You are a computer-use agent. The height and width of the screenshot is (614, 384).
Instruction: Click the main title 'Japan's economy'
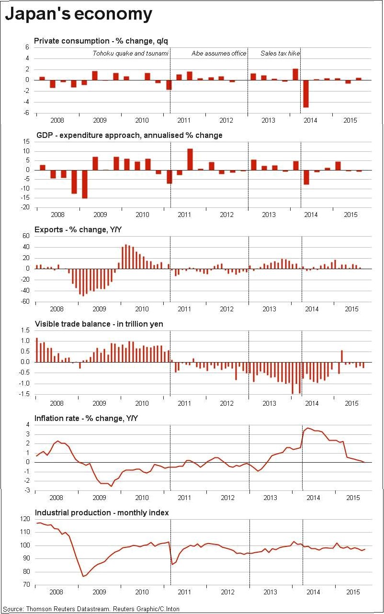pyautogui.click(x=79, y=14)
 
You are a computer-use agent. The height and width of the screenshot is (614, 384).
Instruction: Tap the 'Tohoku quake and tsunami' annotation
pyautogui.click(x=130, y=53)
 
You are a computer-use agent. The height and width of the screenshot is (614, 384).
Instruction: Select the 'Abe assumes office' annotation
pyautogui.click(x=219, y=53)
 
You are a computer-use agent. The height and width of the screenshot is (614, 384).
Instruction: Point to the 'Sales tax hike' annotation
pyautogui.click(x=280, y=53)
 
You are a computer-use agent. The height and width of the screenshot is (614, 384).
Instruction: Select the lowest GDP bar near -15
pyautogui.click(x=85, y=184)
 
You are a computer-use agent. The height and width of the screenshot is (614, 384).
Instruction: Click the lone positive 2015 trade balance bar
pyautogui.click(x=342, y=356)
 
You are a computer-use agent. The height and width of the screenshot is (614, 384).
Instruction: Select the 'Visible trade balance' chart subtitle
pyautogui.click(x=99, y=324)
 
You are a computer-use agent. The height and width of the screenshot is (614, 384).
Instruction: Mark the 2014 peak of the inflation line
pyautogui.click(x=308, y=428)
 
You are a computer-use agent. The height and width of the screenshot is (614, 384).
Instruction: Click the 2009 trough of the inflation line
pyautogui.click(x=112, y=486)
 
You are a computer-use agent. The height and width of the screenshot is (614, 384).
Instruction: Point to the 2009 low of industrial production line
pyautogui.click(x=83, y=576)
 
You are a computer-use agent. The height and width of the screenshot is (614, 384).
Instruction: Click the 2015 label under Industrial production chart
pyautogui.click(x=352, y=592)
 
